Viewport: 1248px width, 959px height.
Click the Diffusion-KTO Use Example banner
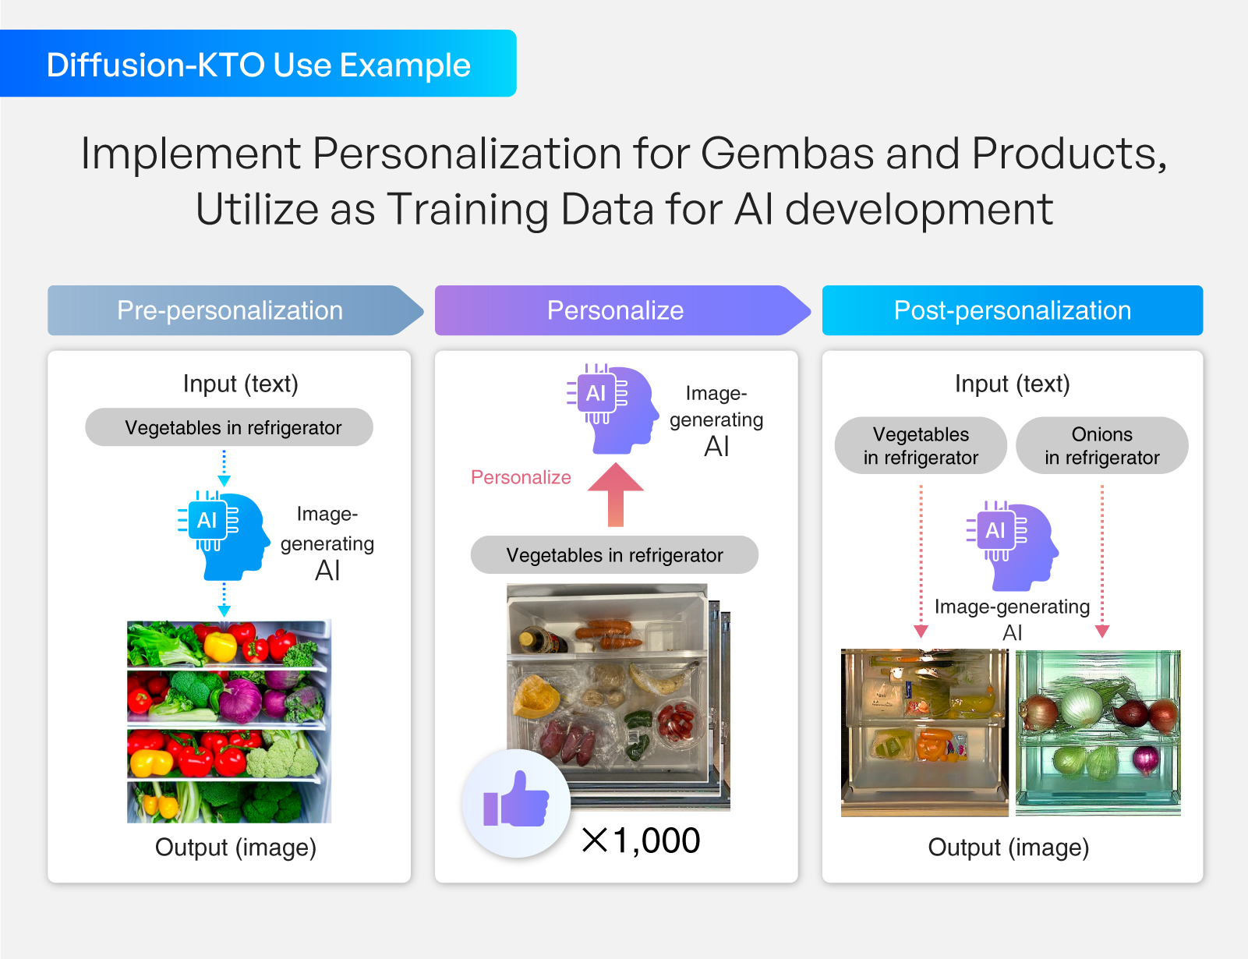coord(258,64)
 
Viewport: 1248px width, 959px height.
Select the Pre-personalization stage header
coord(230,310)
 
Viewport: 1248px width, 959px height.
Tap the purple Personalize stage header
coord(616,310)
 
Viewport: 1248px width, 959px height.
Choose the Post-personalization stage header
coord(1012,310)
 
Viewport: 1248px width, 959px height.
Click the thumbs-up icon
coord(516,802)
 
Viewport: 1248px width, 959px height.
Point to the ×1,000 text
coord(642,840)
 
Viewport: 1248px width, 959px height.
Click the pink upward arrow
coord(616,494)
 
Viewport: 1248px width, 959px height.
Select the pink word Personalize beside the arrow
coord(521,477)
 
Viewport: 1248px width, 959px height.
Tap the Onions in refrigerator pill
coord(1101,445)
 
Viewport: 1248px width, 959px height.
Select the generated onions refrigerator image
coord(1098,733)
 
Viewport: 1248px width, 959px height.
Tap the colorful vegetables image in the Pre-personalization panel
coord(229,721)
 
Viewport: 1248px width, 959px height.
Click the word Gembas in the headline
coord(787,153)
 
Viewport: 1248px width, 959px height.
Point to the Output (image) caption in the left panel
coord(235,848)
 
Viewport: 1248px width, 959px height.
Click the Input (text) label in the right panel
coord(1012,384)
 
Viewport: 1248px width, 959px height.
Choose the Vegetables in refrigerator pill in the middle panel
coord(614,555)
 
